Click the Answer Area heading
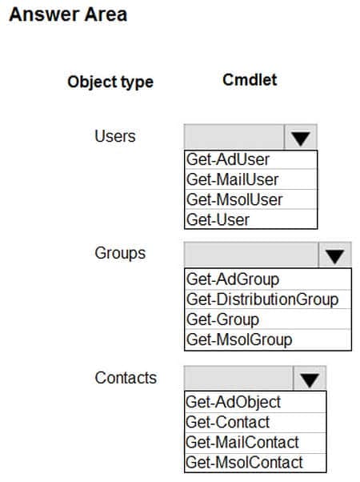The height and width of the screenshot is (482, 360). [68, 14]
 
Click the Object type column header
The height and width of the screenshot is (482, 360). [110, 82]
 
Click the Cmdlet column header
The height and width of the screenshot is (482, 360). [250, 80]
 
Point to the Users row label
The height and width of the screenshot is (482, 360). [115, 136]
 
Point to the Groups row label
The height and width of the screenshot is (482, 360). [120, 253]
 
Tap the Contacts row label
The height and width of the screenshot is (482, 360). [126, 378]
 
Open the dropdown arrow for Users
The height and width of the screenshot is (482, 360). [301, 137]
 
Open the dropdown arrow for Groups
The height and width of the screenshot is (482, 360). [335, 255]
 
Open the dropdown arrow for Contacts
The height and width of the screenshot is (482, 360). [310, 379]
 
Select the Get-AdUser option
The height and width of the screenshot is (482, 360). [228, 160]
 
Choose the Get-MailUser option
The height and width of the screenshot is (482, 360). [233, 179]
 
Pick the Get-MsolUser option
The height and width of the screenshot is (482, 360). [234, 199]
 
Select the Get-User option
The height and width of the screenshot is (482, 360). [218, 219]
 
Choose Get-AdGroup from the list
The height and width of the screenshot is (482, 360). [233, 279]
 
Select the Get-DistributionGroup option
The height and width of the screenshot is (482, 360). [262, 299]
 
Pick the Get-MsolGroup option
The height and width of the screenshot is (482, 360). [239, 339]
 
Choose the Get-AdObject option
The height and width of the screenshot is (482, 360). [233, 403]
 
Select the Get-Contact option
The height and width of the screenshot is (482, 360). [227, 422]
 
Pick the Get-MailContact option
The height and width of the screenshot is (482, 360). [242, 442]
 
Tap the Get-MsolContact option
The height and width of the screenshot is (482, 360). [244, 462]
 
